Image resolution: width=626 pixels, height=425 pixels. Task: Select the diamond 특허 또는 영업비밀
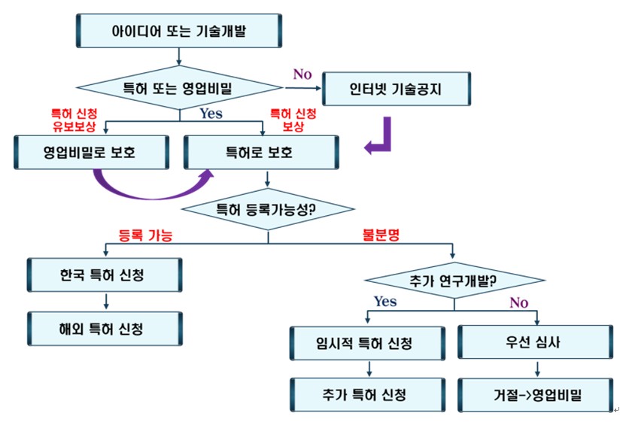(178, 89)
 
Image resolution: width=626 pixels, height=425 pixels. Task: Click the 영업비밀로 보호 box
(90, 153)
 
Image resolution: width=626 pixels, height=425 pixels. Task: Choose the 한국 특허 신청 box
(105, 275)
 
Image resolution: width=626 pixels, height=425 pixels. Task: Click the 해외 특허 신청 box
(105, 328)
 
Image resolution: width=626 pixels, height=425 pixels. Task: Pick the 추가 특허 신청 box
(368, 393)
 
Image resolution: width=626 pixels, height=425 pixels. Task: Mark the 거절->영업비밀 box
(534, 393)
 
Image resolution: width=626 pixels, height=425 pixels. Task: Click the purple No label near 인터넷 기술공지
(302, 74)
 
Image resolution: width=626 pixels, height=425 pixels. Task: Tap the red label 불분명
(381, 235)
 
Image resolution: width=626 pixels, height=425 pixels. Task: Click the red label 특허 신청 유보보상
(73, 118)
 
